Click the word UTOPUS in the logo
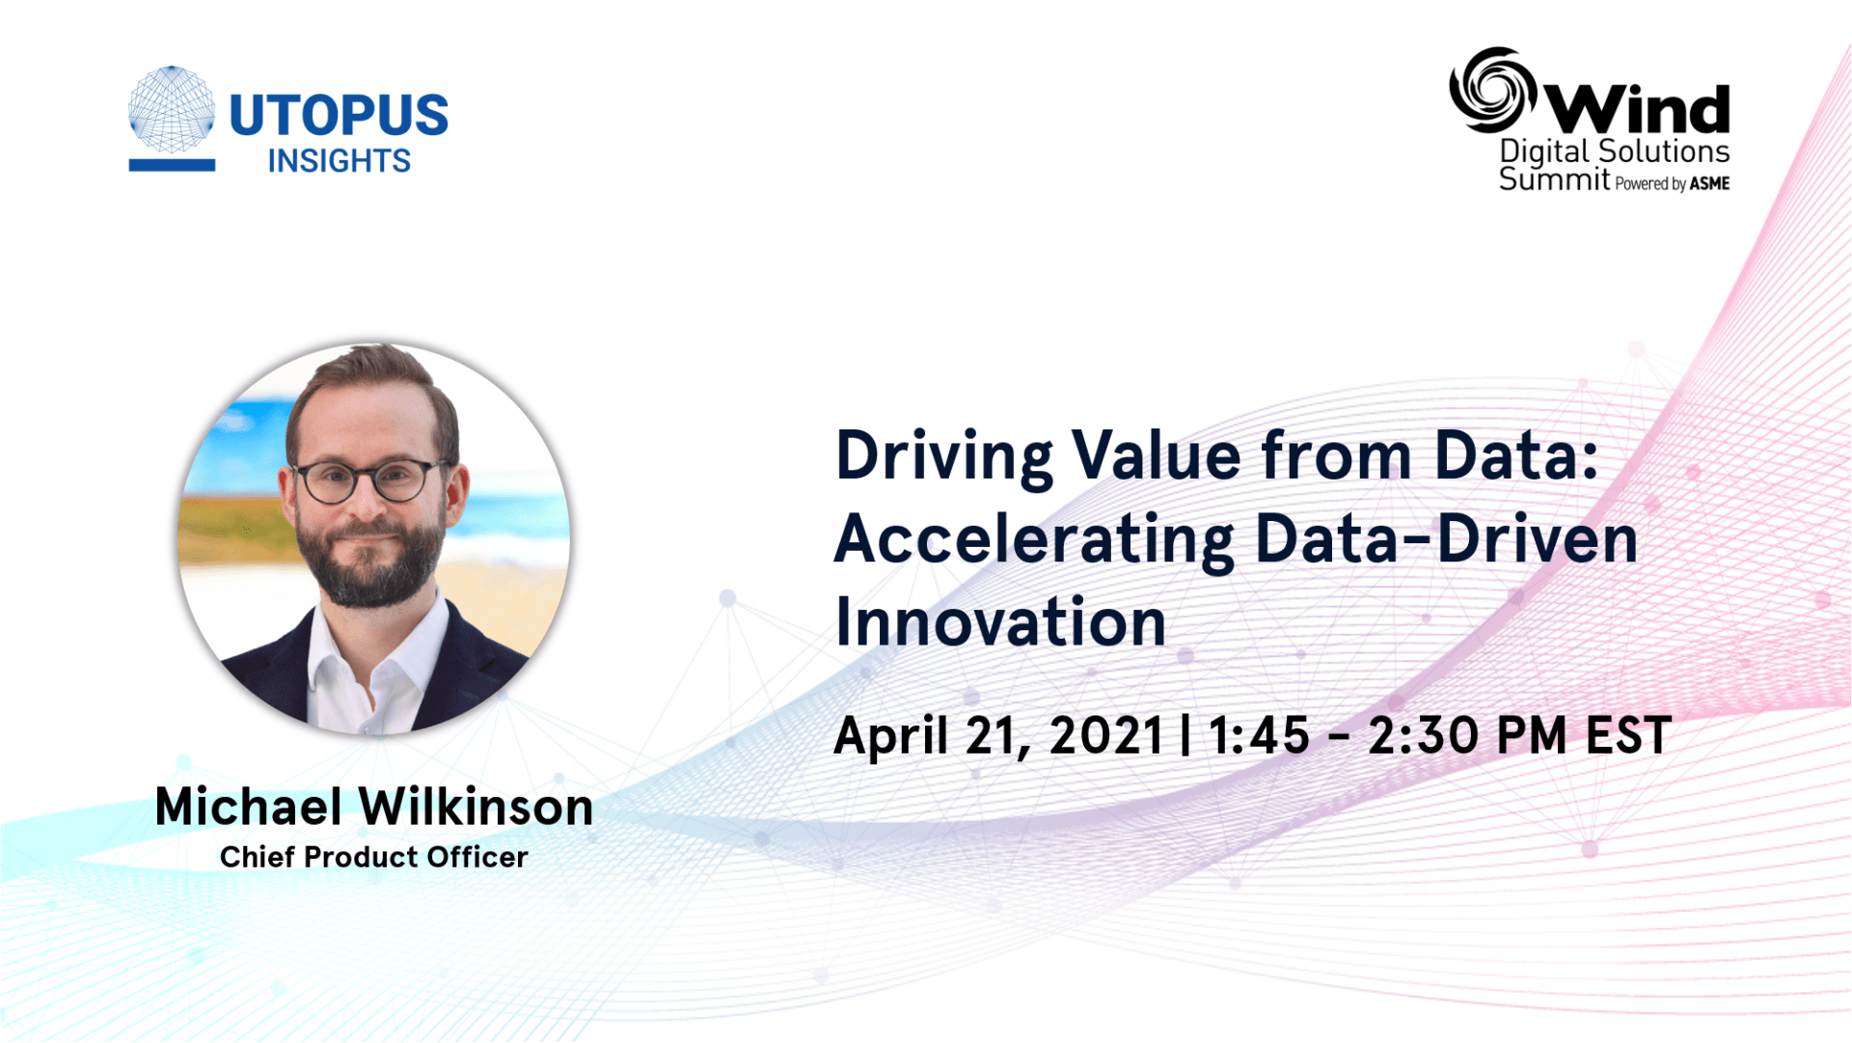pos(339,115)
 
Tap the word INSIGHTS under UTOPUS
pos(340,160)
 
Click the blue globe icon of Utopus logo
pos(172,110)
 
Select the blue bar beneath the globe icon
pos(172,165)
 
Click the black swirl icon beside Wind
pos(1492,90)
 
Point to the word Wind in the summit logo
pos(1638,108)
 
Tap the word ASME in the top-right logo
pos(1709,183)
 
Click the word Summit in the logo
pos(1554,178)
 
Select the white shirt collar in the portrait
pos(376,666)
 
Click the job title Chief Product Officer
pos(374,857)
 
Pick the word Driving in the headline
pos(944,456)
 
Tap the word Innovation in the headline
pos(1001,622)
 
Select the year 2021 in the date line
pos(1106,735)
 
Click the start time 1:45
pos(1260,735)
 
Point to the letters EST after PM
pos(1629,735)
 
